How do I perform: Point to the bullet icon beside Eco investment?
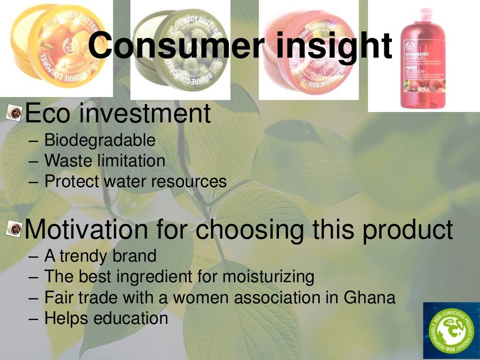[15, 113]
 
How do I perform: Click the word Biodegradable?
[100, 140]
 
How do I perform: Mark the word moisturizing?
[268, 277]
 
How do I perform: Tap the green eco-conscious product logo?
[451, 330]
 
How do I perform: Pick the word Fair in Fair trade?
[59, 297]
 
